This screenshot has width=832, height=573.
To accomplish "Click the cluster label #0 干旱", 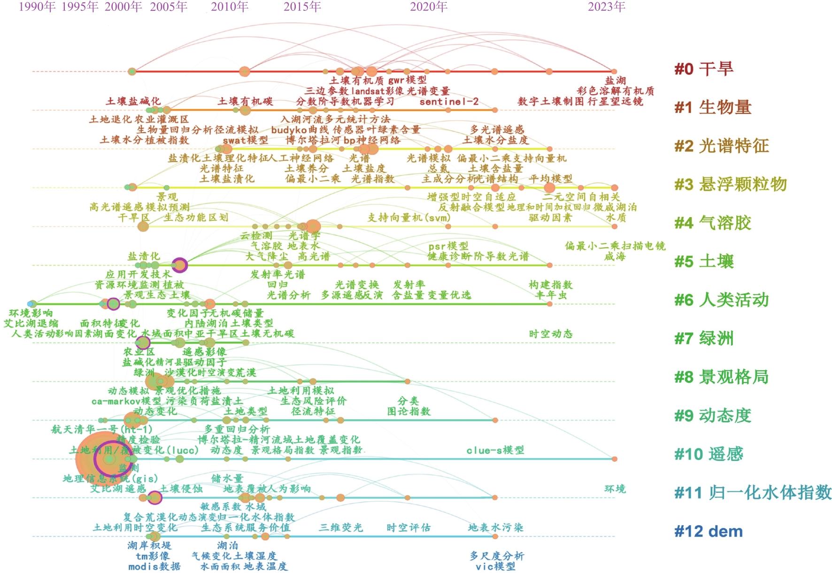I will click(x=703, y=69).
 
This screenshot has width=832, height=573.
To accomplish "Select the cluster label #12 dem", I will click(x=709, y=531).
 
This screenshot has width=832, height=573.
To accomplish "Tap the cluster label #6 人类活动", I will click(x=721, y=300).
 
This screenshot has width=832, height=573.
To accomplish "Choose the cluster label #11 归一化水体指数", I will click(x=753, y=493).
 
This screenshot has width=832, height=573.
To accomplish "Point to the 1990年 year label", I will click(x=37, y=7).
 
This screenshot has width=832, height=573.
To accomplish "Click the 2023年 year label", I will click(x=607, y=7).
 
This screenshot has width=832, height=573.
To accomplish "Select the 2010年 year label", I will click(x=230, y=7).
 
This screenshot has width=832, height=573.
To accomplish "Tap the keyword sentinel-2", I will click(x=449, y=102).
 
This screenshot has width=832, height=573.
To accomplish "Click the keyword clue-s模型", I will click(x=495, y=450).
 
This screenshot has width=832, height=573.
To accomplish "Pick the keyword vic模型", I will click(x=495, y=566).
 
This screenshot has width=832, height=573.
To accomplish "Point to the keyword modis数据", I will click(x=154, y=566).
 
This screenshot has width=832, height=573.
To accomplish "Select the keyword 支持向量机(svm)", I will click(x=408, y=218).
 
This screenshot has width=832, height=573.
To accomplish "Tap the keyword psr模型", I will click(x=448, y=246).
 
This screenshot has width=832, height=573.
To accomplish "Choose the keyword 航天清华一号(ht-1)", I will click(x=102, y=429).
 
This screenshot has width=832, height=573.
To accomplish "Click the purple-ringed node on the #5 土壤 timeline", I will click(x=179, y=265).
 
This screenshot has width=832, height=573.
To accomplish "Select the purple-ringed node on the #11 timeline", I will click(x=154, y=498).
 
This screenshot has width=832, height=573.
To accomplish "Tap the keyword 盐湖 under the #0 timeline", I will click(x=615, y=81).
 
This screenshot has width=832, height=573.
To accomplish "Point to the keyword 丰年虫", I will click(x=551, y=295).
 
